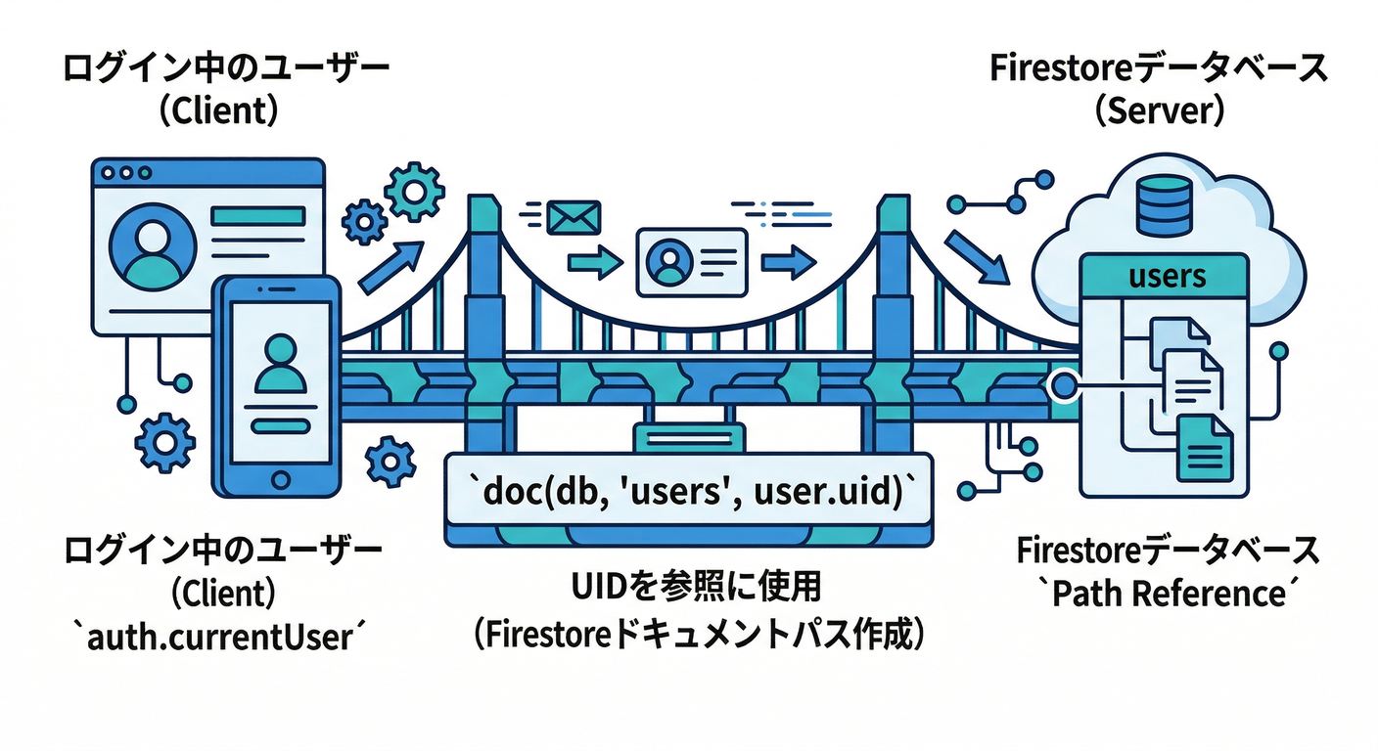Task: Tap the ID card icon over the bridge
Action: [x=692, y=262]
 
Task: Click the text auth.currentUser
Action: [x=219, y=637]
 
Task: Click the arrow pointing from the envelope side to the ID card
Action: [x=594, y=262]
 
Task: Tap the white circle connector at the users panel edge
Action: [x=1062, y=384]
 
